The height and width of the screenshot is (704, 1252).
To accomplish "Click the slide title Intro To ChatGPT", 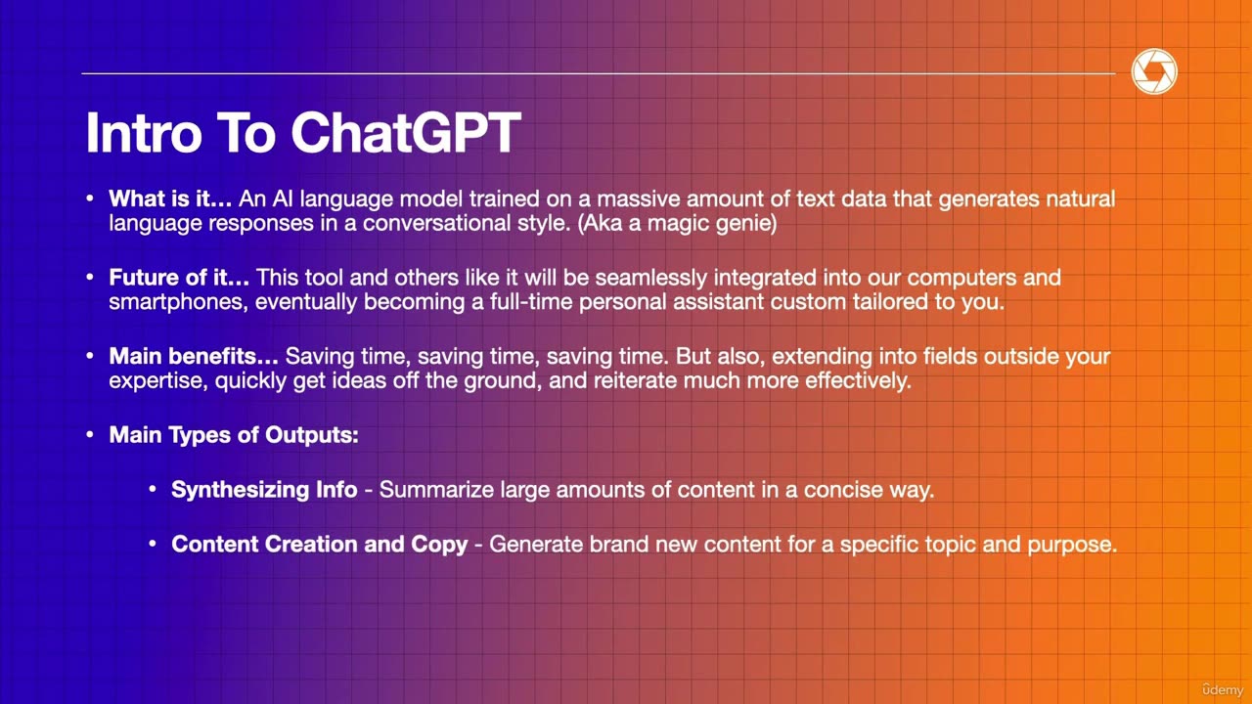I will pos(302,133).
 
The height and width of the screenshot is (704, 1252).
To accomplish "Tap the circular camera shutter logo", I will pos(1154,73).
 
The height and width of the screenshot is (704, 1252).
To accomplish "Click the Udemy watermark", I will pos(1222,689).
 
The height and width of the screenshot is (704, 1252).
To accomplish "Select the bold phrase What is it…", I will pos(170,198).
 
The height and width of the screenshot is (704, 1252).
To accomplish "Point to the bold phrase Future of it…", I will pos(179,277).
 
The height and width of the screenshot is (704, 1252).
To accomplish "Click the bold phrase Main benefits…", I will pos(194,356).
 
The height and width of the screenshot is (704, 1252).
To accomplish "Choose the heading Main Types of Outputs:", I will pos(234,434).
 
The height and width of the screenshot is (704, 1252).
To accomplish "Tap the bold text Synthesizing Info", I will pos(264,489).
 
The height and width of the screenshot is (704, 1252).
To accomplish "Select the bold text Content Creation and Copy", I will pos(319,544).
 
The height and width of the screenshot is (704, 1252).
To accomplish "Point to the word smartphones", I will pos(179,301).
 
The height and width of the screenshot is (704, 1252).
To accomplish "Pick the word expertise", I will pos(155,380).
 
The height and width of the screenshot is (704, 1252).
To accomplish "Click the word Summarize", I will pos(436,489).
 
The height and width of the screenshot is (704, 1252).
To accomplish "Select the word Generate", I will pos(535,544).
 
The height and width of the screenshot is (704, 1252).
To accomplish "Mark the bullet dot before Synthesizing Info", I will pos(153,489).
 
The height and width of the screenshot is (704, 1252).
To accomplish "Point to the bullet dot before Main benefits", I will pos(90,356).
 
